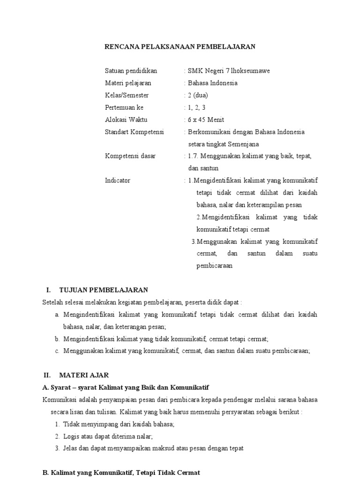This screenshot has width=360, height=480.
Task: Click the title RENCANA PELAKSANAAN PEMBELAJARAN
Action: tap(180, 46)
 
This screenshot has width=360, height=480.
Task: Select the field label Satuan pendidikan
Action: tap(131, 71)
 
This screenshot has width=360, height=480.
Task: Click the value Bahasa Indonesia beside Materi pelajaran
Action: tap(212, 83)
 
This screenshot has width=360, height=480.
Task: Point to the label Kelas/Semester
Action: tap(127, 95)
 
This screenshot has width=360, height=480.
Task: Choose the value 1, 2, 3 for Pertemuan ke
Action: tap(197, 107)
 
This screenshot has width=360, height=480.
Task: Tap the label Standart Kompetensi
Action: tap(134, 132)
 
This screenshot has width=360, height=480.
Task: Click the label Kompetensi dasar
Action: tap(130, 156)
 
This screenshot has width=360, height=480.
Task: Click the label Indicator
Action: tap(118, 180)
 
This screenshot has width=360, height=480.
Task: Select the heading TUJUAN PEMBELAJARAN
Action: tap(104, 290)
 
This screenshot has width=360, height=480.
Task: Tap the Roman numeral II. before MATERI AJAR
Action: tap(47, 375)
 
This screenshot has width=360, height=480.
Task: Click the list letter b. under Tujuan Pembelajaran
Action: tap(57, 338)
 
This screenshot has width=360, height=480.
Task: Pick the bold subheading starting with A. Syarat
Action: tap(126, 387)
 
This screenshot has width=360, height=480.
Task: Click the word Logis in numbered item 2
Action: tap(71, 436)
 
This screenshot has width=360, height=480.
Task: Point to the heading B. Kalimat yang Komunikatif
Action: tap(121, 472)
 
